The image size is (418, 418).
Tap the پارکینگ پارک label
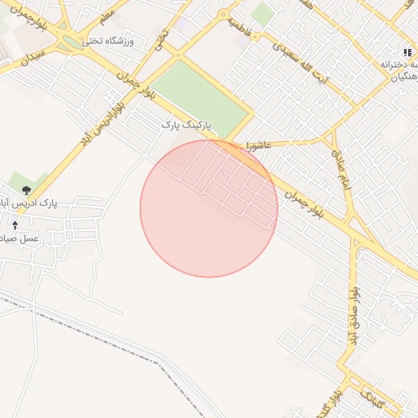tap(185, 124)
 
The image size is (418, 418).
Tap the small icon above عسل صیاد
tap(16, 223)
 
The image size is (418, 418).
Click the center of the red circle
tap(209, 208)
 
